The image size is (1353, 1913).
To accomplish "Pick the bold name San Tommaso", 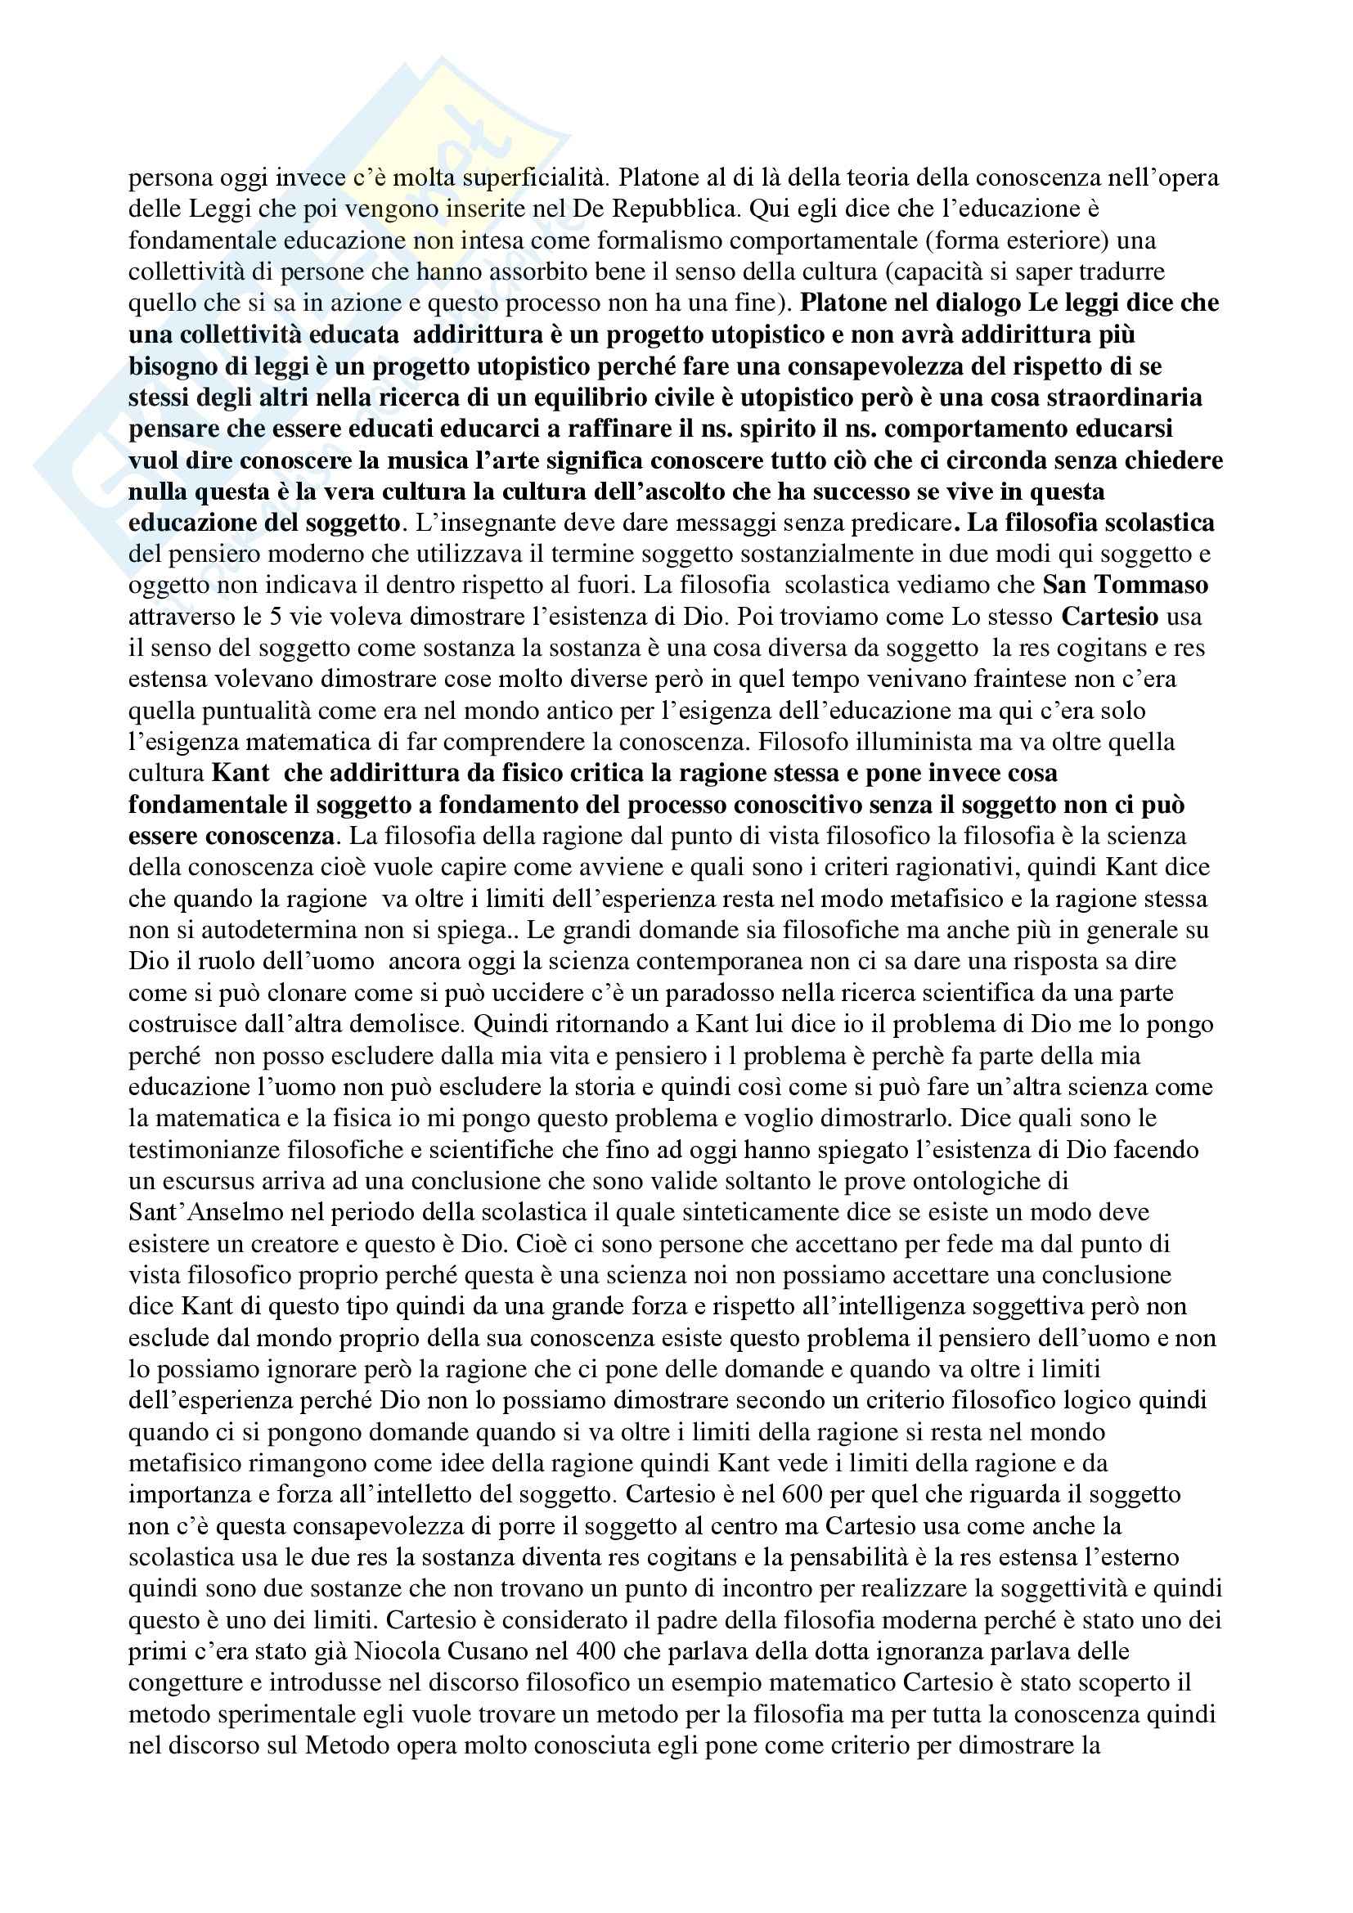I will [1125, 586].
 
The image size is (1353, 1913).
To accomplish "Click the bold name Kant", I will [240, 774].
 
